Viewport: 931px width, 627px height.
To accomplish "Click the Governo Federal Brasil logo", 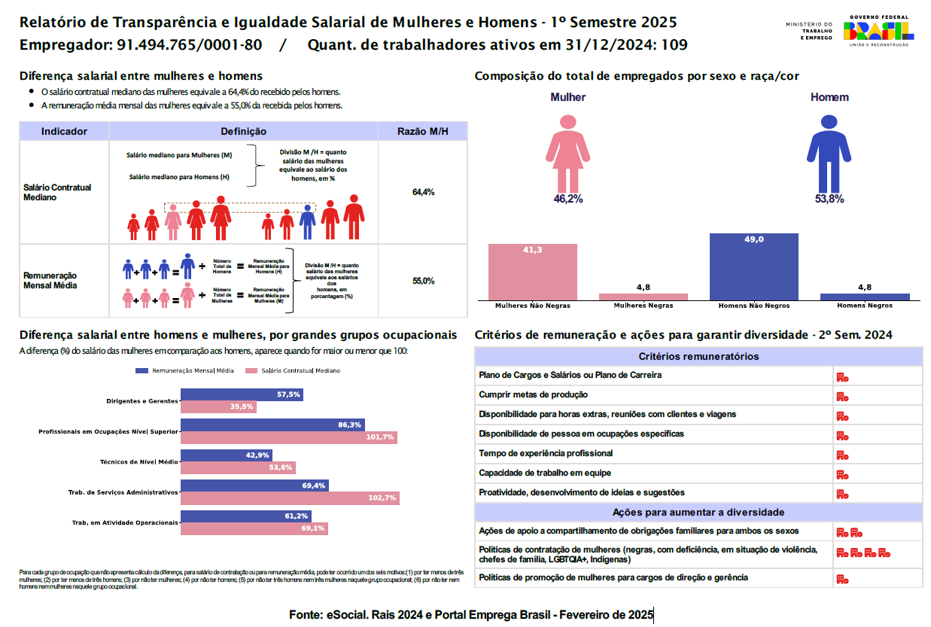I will tap(878, 30).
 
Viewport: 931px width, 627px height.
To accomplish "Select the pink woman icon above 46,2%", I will tap(568, 154).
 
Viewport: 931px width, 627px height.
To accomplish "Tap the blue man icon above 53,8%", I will tap(829, 154).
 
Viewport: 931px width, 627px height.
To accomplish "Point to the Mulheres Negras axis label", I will tap(643, 306).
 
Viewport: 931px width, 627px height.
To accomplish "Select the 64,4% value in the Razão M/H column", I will tap(424, 193).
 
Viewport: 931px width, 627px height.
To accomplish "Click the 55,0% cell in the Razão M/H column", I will tap(424, 281).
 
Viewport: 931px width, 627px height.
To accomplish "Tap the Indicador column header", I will tap(64, 132).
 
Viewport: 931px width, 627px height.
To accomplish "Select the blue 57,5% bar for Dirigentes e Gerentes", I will tap(242, 394).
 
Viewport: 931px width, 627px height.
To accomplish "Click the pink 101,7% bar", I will tap(288, 437).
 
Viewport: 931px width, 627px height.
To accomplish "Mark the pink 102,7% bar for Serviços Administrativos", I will tap(290, 498).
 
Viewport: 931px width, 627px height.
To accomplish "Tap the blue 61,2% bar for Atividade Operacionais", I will tap(245, 516).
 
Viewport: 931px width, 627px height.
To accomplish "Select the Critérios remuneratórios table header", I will tap(698, 357).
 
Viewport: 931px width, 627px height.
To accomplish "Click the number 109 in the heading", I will tap(674, 45).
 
